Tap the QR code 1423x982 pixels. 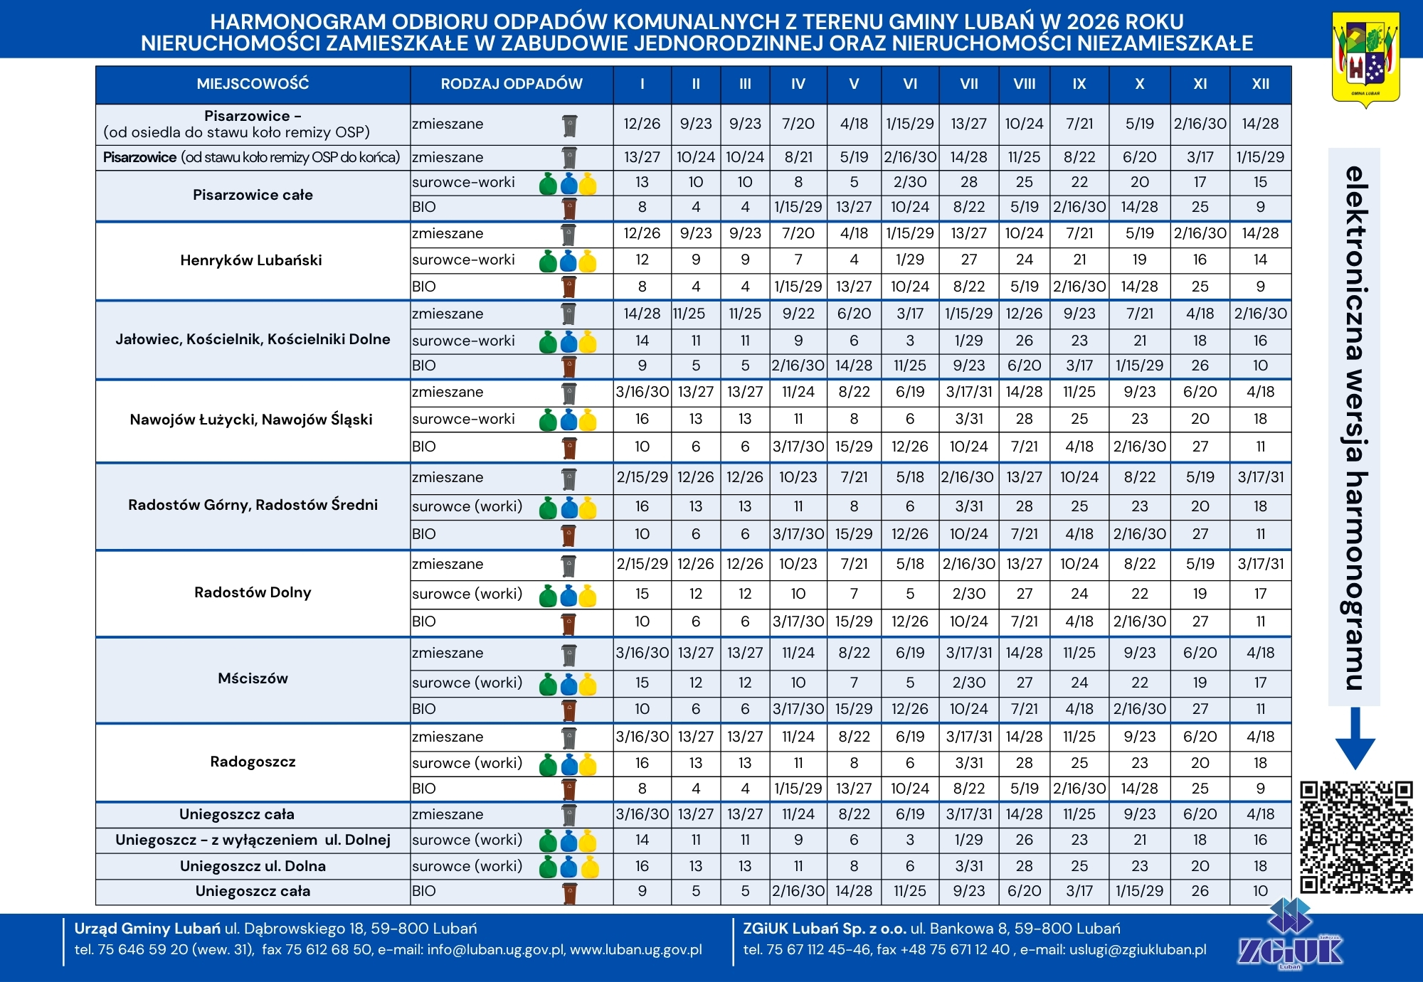tap(1356, 837)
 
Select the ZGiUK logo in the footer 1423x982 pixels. tap(1290, 935)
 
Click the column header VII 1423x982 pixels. tap(969, 84)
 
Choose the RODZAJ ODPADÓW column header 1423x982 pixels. tap(512, 84)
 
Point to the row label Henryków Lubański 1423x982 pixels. tap(251, 260)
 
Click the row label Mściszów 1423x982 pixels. tap(253, 678)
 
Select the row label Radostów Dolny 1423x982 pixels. tap(253, 592)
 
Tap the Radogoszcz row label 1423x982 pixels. tap(253, 762)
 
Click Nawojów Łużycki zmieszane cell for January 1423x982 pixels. tap(642, 392)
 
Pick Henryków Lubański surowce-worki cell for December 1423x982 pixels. tap(1260, 260)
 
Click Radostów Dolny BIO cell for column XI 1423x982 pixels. tap(1200, 621)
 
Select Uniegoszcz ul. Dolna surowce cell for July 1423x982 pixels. tap(969, 866)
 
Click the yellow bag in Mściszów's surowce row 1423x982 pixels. tap(588, 684)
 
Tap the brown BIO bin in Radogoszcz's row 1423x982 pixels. tap(569, 789)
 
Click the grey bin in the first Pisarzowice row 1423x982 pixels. tap(569, 125)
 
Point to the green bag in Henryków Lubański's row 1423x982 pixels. tap(548, 261)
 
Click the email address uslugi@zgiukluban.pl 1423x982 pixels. tap(1138, 950)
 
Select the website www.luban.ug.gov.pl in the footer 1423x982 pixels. tap(636, 950)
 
